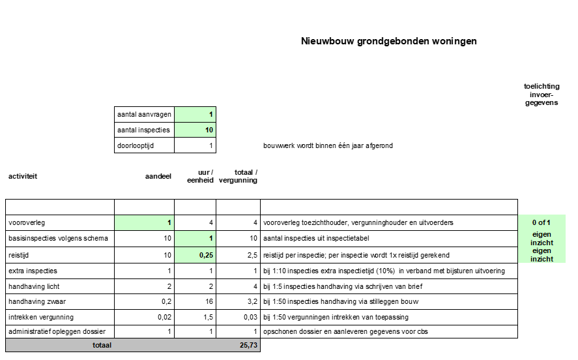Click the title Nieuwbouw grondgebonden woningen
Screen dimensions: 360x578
tap(388, 41)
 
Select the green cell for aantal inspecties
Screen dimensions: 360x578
tap(195, 130)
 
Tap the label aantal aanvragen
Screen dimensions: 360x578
tap(144, 114)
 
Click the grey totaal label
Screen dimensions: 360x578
tap(102, 346)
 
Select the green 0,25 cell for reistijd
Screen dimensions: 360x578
tap(195, 254)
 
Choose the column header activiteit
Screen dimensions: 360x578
tap(23, 176)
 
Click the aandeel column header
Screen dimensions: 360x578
tap(158, 176)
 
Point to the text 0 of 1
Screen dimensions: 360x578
tap(541, 222)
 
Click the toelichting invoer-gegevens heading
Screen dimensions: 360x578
tap(541, 94)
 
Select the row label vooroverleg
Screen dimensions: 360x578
tap(27, 222)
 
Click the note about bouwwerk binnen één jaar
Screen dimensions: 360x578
tap(328, 145)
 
